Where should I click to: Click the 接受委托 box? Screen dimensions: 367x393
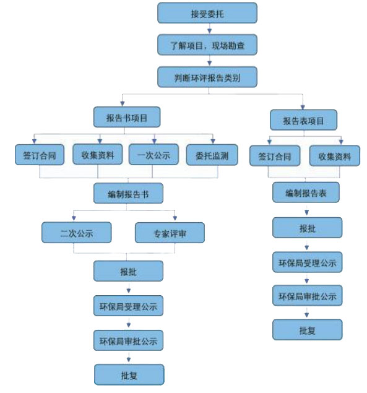click(x=207, y=13)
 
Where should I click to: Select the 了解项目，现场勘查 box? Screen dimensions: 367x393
click(x=207, y=45)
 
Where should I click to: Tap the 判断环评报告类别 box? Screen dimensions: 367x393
click(x=207, y=77)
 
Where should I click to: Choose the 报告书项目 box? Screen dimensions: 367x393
click(x=127, y=117)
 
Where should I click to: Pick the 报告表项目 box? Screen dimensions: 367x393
click(x=303, y=120)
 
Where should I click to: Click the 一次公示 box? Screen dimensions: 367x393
click(x=153, y=154)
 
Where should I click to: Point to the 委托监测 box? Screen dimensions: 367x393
click(x=212, y=155)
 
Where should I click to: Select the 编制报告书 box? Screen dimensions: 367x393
click(x=128, y=193)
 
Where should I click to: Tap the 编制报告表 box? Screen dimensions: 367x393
click(x=306, y=192)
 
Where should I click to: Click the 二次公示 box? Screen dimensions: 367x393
click(x=77, y=233)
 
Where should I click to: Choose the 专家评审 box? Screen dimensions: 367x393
click(x=170, y=233)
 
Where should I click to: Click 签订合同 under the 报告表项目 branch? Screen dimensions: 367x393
click(x=275, y=155)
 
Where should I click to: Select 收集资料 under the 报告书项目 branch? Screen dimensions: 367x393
click(x=98, y=154)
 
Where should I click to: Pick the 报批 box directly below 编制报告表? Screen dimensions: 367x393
click(x=307, y=228)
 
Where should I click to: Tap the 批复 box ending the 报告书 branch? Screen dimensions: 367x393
click(x=129, y=374)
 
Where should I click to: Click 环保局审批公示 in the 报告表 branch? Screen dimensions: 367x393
click(x=307, y=295)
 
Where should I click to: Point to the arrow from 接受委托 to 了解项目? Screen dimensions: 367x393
click(x=209, y=28)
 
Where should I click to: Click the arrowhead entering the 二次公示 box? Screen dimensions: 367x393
click(x=74, y=218)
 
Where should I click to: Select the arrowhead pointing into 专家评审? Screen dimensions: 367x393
click(x=175, y=218)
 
